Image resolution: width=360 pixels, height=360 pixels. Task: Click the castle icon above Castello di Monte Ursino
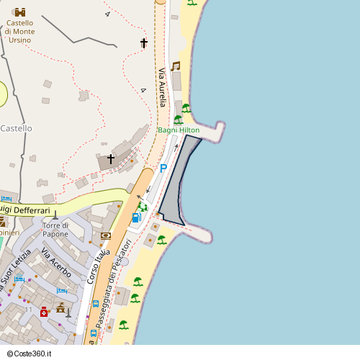point(19,12)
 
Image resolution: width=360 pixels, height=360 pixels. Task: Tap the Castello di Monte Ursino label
point(19,32)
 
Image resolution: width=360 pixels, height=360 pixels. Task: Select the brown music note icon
point(175,66)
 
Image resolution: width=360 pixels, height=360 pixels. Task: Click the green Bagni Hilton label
point(179,130)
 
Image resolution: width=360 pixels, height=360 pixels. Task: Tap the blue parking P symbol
point(163,168)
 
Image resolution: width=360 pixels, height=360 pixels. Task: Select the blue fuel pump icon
point(135,217)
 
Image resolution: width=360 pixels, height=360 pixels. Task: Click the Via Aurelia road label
point(163,87)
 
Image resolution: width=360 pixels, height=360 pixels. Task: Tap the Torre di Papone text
point(55,230)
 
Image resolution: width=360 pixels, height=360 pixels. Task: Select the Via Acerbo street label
point(56,264)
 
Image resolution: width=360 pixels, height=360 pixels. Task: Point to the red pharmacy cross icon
point(44,312)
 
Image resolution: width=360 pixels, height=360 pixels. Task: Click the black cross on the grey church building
point(110,158)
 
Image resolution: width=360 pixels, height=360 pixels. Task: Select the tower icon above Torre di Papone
point(55,215)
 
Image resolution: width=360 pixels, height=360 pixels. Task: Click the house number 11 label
point(29,309)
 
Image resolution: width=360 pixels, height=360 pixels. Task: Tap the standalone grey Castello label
point(16,128)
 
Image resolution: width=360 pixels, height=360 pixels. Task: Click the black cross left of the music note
point(143,44)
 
